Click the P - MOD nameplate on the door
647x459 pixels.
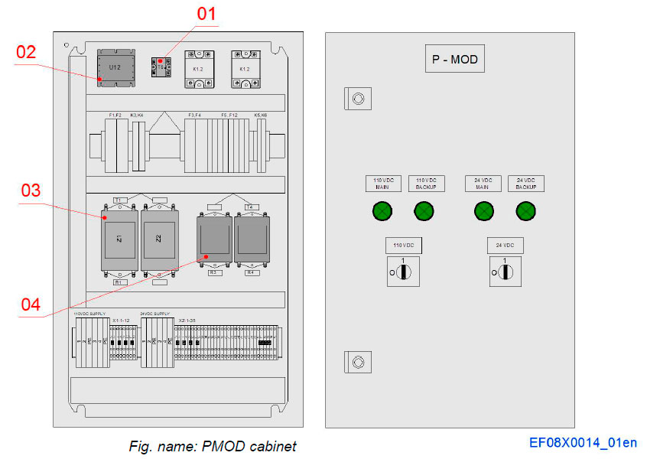[x=454, y=58]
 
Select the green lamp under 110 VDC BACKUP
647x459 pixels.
[x=424, y=211]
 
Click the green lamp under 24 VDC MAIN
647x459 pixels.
[x=483, y=211]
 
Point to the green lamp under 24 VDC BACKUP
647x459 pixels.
[x=525, y=211]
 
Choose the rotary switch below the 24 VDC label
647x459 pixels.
[x=505, y=272]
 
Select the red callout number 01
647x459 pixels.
[x=206, y=14]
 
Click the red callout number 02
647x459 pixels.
[x=26, y=52]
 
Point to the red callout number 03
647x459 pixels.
[x=31, y=190]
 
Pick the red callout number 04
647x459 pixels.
[x=31, y=304]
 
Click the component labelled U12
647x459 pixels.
[x=115, y=67]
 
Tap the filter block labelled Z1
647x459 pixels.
[x=120, y=239]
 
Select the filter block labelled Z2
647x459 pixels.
[x=159, y=239]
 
